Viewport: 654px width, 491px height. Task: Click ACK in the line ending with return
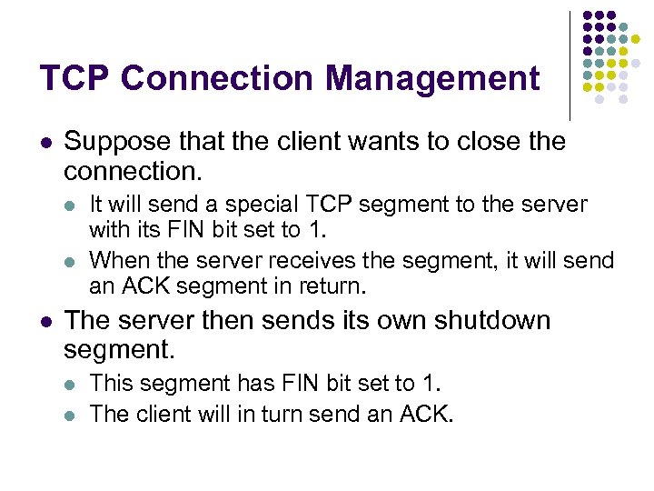coord(139,287)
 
